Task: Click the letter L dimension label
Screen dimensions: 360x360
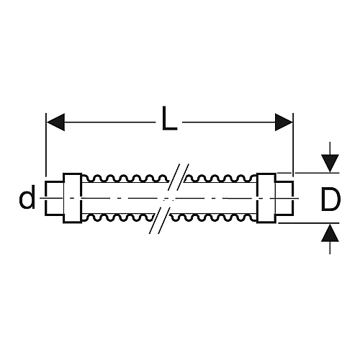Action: (x=169, y=118)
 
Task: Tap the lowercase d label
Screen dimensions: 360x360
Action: (x=27, y=197)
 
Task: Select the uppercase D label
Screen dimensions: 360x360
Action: (x=330, y=199)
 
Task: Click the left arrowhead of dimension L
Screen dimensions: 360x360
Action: (x=55, y=122)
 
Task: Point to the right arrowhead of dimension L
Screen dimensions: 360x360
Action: (x=284, y=122)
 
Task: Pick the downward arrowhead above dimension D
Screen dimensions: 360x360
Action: (x=330, y=163)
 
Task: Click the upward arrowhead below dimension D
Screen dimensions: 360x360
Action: (x=330, y=233)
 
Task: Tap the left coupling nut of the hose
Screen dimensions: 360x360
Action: (x=73, y=198)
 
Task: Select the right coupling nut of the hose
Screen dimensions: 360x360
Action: (x=266, y=198)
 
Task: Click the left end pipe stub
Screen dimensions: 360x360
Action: (x=55, y=198)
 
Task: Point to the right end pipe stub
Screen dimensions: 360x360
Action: (x=284, y=198)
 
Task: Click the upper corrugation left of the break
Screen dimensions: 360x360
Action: (x=125, y=179)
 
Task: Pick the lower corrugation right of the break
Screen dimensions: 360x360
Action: (x=213, y=217)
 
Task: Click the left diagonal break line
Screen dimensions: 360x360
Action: (x=164, y=199)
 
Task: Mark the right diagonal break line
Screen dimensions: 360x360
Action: (x=174, y=199)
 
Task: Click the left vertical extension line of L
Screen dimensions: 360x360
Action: (x=46, y=145)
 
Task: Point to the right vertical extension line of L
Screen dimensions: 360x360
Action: (x=293, y=145)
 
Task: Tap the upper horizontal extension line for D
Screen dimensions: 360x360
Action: (x=308, y=173)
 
